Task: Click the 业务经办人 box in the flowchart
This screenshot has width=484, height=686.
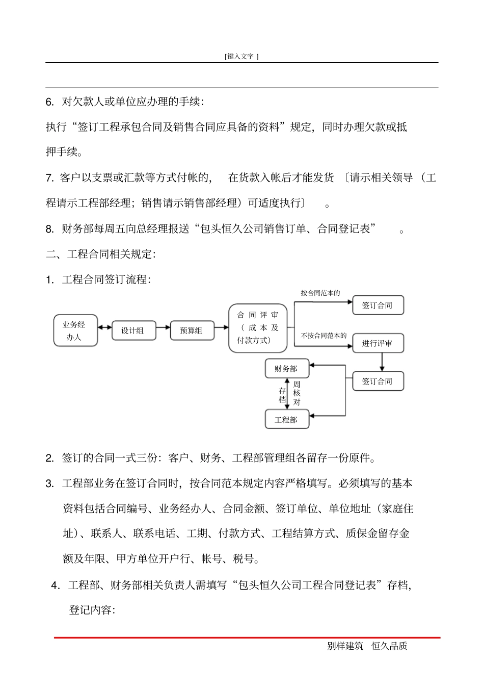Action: coord(75,331)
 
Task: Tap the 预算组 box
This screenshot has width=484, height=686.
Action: coord(192,331)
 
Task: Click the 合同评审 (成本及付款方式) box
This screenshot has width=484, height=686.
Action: coord(258,328)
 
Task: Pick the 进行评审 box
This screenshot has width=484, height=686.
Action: coord(378,343)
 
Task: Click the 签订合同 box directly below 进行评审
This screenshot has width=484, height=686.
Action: coord(378,381)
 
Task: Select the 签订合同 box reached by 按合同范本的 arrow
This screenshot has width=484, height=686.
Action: coord(378,305)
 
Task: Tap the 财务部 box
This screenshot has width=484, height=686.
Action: coord(286,368)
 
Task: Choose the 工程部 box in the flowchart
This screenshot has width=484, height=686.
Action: coord(286,419)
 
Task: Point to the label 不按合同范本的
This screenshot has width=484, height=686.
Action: coord(324,336)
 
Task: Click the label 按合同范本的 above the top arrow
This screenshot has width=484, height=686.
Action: coord(320,293)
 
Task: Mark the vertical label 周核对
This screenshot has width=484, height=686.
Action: coord(297,393)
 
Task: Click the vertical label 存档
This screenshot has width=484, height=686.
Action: coord(282,395)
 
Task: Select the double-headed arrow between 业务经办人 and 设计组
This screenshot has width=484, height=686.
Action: coord(104,327)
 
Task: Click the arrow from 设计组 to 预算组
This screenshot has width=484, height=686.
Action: coord(163,327)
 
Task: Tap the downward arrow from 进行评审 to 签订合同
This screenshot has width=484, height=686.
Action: coord(382,362)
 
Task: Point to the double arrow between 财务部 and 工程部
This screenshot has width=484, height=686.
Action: coord(288,394)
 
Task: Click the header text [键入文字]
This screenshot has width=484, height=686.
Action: coord(241,57)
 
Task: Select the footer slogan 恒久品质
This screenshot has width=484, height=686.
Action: coord(389,646)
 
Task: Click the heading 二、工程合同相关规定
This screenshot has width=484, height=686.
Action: coord(101,254)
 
